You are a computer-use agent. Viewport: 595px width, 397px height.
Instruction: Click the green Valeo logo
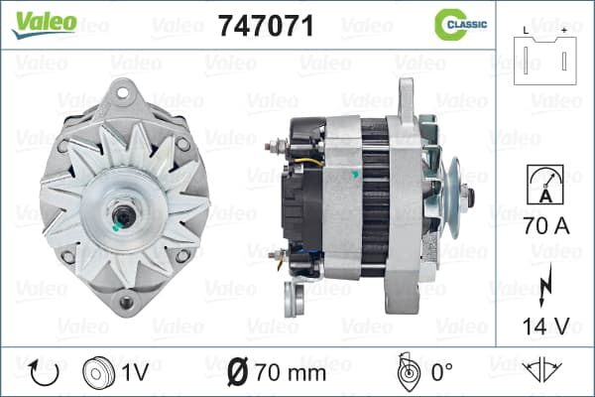click(x=44, y=25)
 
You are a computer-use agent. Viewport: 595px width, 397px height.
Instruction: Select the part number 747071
click(x=266, y=26)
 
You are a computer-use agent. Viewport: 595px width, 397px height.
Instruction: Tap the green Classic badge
click(x=461, y=25)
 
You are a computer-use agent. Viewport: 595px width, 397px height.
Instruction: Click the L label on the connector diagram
click(x=526, y=31)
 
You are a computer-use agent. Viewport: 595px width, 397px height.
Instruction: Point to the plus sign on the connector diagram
click(x=564, y=31)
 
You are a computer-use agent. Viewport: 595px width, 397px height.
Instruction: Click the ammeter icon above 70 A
click(x=545, y=185)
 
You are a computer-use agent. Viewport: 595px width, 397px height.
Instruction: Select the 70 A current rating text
click(x=546, y=226)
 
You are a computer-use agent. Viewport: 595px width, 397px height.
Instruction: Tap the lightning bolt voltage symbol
click(x=544, y=285)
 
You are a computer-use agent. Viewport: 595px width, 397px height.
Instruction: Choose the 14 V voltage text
click(x=546, y=326)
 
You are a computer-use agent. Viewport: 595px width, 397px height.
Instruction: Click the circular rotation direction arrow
click(x=44, y=373)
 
